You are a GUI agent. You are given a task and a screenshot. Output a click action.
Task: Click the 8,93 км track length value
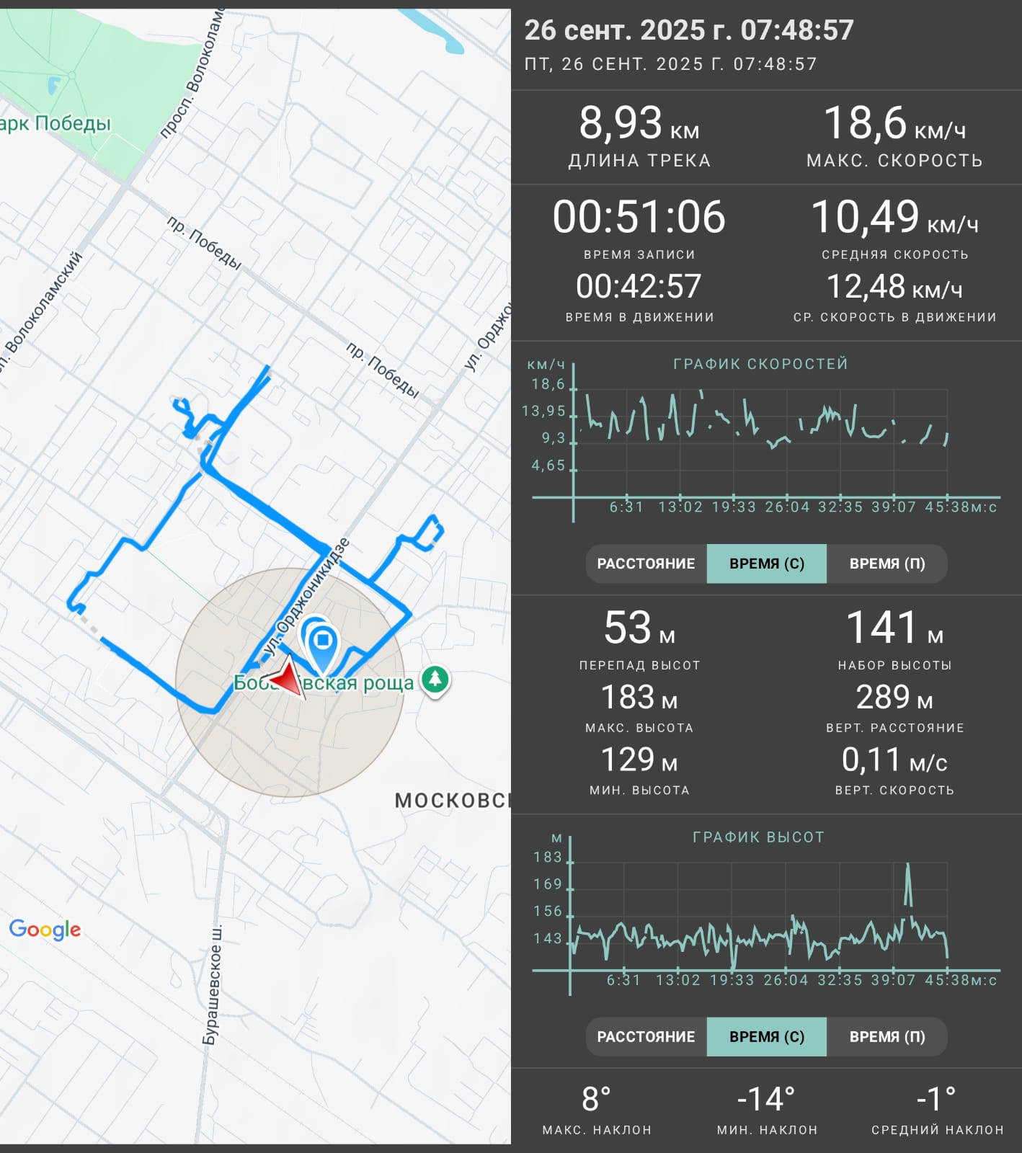639,123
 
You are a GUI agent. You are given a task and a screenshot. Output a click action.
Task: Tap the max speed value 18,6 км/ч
894,123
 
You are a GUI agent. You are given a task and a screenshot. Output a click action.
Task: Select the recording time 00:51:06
639,217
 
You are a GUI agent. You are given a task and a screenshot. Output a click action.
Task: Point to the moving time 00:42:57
639,286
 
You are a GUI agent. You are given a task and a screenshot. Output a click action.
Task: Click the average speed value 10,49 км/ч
894,217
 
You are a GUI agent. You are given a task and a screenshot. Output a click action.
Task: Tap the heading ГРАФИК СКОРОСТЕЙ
760,364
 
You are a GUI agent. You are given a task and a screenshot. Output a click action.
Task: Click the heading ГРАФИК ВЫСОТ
758,837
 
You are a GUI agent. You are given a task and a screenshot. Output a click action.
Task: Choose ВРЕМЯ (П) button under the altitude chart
887,1037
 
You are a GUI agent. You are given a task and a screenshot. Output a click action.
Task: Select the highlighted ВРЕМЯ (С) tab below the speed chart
767,564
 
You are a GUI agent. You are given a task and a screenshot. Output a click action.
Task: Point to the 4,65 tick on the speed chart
548,466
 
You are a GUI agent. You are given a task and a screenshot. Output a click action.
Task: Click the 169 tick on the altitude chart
548,884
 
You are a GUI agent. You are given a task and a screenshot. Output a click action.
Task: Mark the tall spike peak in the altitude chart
907,863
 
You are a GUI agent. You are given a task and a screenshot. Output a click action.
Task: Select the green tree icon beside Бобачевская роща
435,679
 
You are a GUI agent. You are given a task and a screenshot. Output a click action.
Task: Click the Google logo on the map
45,930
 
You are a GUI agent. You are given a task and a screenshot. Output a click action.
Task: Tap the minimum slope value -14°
767,1100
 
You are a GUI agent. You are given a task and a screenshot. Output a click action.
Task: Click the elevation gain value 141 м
894,628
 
